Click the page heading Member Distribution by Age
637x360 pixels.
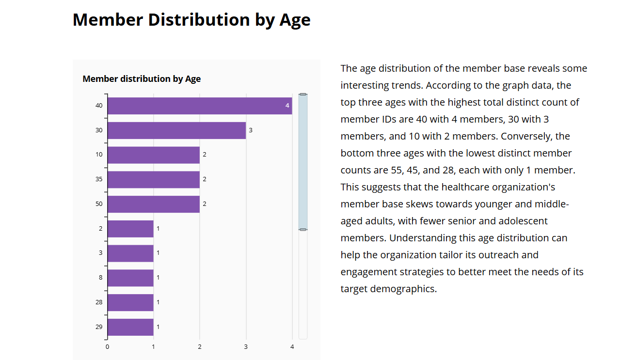[191, 20]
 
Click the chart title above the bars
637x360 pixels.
[142, 79]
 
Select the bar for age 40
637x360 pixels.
[199, 106]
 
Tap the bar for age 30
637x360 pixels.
[176, 130]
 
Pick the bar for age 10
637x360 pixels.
[153, 155]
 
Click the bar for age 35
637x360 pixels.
[153, 179]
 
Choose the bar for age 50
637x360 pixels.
[153, 204]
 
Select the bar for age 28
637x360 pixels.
[130, 302]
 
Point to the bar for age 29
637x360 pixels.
[130, 327]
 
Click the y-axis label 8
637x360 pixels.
[101, 278]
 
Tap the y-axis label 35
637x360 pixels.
[99, 179]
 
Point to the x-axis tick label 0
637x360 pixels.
[107, 346]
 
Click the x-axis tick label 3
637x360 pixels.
[246, 346]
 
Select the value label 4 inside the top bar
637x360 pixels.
[287, 106]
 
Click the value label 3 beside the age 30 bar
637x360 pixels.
[251, 130]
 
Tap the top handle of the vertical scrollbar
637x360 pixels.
[303, 94]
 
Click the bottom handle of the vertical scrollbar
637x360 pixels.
[303, 229]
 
